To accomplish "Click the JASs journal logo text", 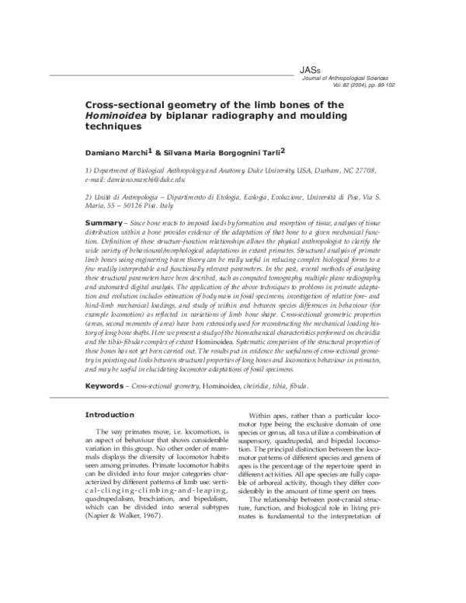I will pyautogui.click(x=308, y=70).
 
